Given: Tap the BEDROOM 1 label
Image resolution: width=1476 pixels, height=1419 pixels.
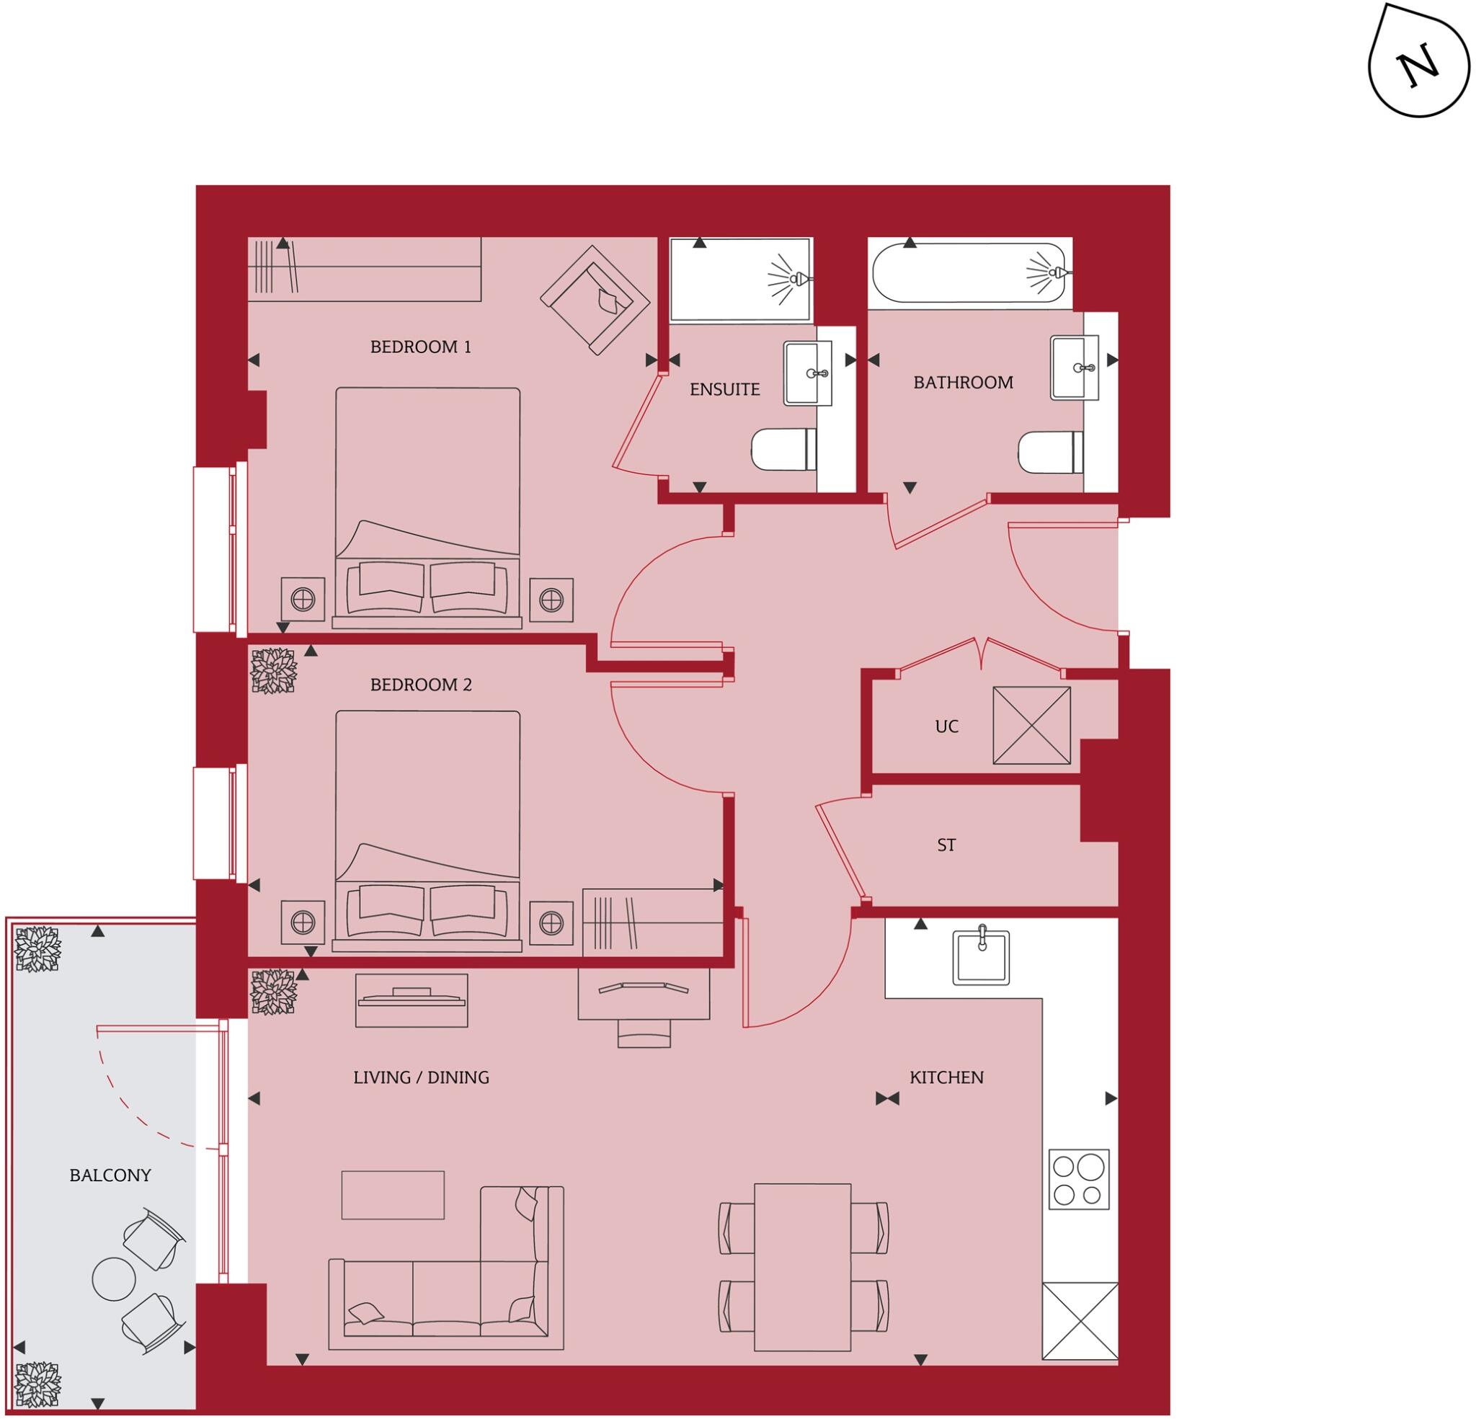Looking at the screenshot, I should [420, 347].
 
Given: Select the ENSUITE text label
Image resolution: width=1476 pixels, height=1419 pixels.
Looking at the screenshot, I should [724, 389].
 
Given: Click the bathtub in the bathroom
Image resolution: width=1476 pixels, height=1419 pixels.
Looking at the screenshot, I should [969, 272].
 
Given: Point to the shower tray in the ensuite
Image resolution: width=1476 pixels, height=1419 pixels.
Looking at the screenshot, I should [739, 280].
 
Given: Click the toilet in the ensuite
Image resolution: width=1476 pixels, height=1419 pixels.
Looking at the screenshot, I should [783, 450].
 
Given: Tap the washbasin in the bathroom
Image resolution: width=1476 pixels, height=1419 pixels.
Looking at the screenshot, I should [1074, 368].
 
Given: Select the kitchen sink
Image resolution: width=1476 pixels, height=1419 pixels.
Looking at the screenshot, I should [980, 957].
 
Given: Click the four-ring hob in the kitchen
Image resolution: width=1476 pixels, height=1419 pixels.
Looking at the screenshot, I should [1078, 1180].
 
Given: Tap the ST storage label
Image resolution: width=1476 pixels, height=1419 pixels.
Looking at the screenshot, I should [946, 845].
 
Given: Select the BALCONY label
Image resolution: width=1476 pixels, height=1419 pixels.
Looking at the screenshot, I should [110, 1175].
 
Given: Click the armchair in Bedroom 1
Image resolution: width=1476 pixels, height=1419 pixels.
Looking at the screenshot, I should [595, 300].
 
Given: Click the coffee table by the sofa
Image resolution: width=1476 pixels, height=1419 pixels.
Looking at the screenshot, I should [392, 1195].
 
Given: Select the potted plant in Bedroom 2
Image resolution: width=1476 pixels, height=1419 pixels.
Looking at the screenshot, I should [272, 671].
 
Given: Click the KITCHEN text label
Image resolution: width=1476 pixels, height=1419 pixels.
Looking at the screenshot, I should [946, 1077].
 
